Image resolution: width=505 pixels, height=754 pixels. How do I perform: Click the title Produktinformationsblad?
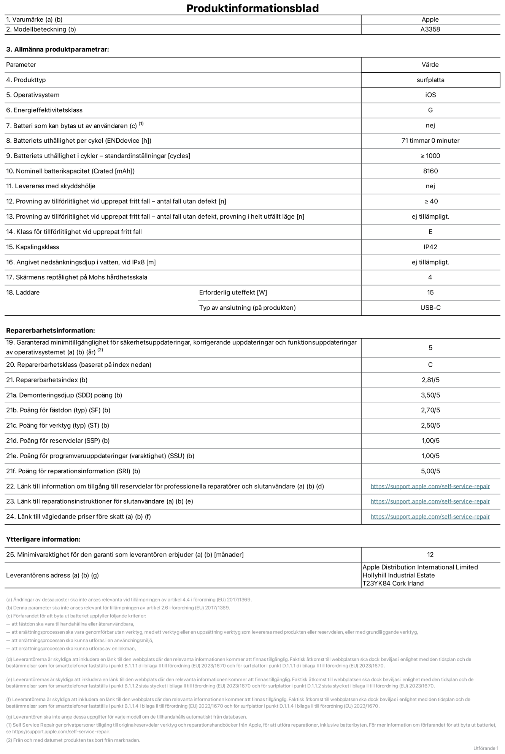click(252, 8)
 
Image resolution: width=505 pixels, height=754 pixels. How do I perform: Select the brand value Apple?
click(430, 19)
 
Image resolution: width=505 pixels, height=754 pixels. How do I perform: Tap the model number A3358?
click(430, 29)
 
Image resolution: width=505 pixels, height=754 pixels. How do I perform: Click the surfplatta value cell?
click(430, 80)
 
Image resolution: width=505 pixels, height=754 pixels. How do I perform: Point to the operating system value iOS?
click(430, 95)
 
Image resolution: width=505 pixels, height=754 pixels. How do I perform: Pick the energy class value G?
click(430, 110)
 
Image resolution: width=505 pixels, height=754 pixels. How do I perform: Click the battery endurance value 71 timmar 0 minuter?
click(430, 140)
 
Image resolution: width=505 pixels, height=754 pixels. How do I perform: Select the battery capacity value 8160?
click(430, 171)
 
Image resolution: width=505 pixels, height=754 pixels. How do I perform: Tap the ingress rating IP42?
click(430, 247)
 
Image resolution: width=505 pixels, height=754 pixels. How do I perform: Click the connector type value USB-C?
click(430, 307)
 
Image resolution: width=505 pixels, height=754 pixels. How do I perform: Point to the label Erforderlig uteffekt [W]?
click(233, 292)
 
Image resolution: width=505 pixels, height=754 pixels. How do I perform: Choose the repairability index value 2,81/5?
click(430, 380)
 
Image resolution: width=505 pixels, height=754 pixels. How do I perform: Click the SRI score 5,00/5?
click(430, 471)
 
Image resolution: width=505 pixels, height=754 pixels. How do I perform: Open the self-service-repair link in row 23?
click(430, 501)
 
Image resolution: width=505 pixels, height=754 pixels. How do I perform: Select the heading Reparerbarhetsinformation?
click(51, 330)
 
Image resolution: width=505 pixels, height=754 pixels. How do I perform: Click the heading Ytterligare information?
click(43, 539)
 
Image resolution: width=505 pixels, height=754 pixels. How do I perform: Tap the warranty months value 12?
click(430, 554)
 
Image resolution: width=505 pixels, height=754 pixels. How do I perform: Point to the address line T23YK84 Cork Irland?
click(393, 583)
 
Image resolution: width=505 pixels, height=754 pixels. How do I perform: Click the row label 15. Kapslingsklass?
click(33, 247)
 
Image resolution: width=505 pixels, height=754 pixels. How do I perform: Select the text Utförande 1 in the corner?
click(486, 748)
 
